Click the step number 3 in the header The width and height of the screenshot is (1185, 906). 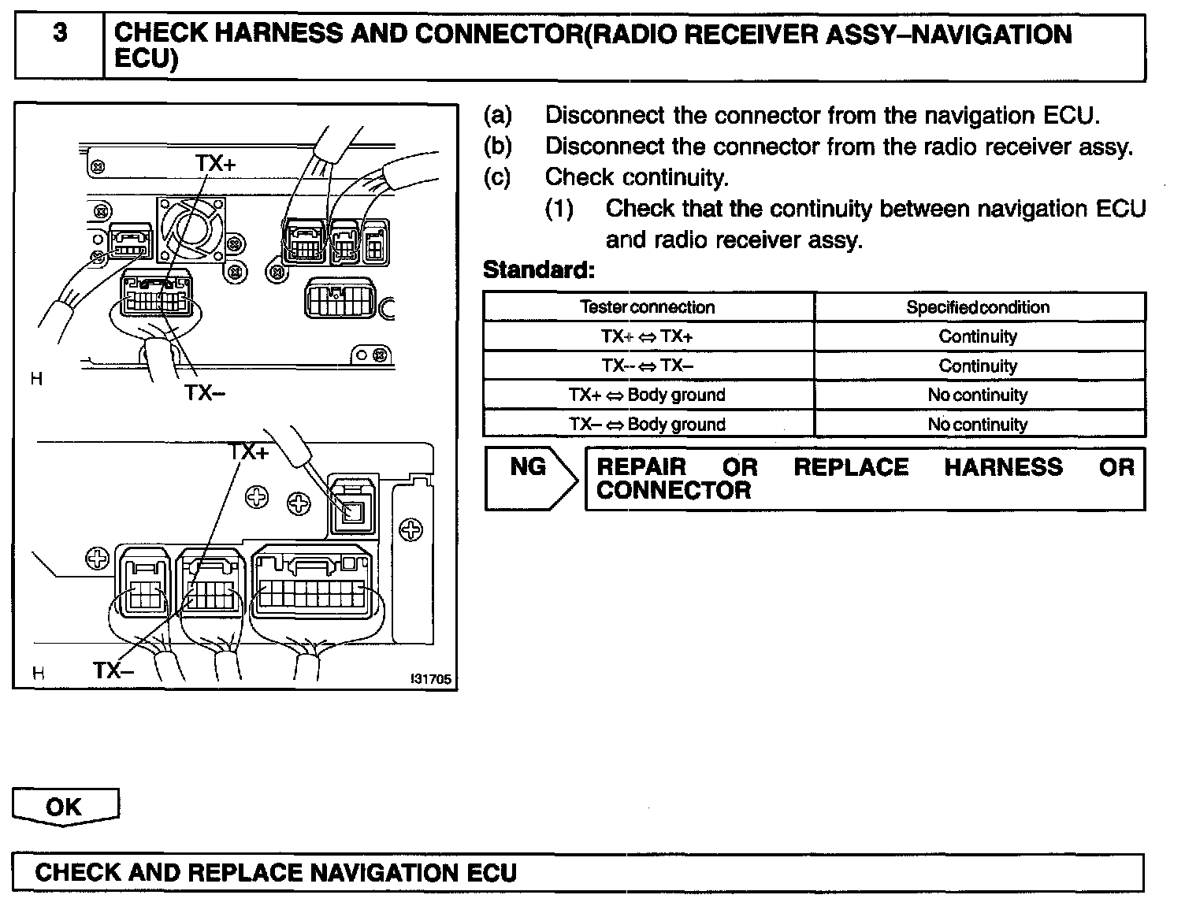[x=59, y=34]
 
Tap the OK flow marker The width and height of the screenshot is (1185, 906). [x=65, y=807]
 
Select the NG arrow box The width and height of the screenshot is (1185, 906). [x=530, y=477]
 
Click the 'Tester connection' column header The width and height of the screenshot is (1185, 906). [x=648, y=307]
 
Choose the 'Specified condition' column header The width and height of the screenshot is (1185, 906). [x=978, y=307]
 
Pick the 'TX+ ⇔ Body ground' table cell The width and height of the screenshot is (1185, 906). [x=648, y=395]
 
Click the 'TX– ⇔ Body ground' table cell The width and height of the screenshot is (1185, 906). [x=648, y=424]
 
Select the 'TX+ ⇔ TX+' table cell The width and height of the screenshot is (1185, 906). [x=648, y=336]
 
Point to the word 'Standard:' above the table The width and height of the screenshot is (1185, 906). [x=538, y=270]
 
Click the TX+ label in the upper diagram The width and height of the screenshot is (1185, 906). [x=215, y=163]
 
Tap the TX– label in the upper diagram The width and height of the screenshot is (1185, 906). [x=204, y=392]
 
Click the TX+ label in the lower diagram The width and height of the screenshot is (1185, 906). [x=249, y=452]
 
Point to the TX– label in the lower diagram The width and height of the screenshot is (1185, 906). [x=113, y=670]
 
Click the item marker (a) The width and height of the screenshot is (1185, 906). [x=497, y=116]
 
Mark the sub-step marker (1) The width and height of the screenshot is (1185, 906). [x=559, y=209]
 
